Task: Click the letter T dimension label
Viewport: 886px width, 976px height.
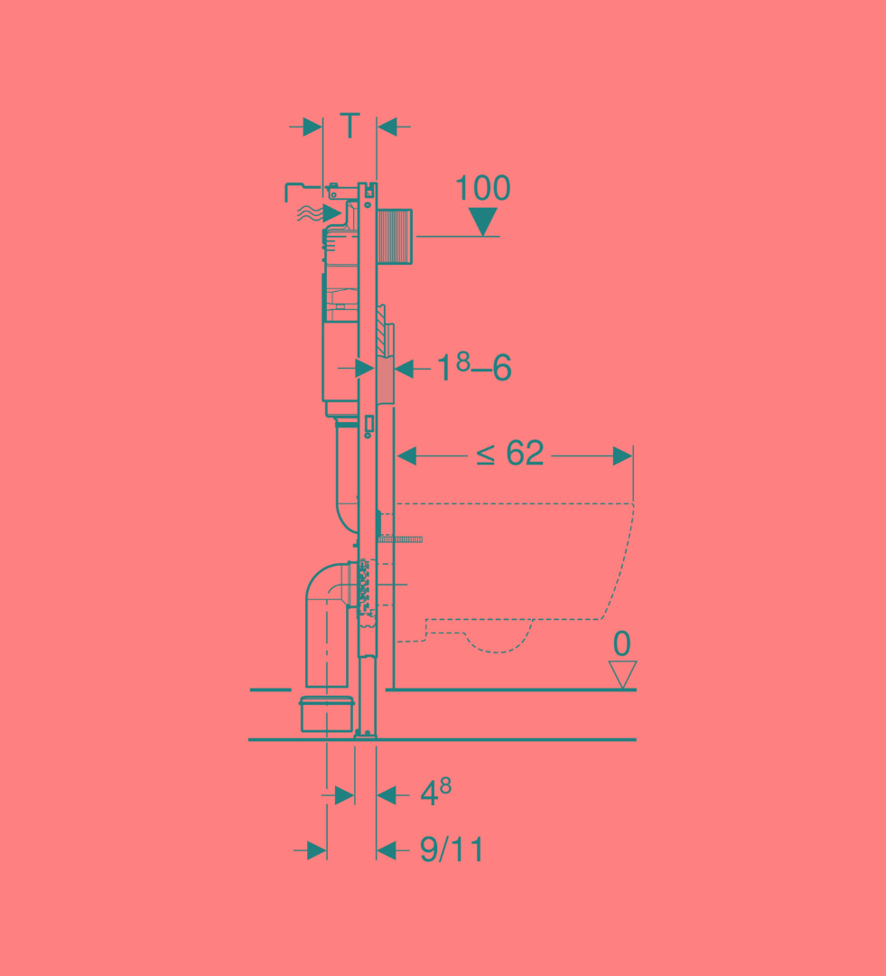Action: pos(350,126)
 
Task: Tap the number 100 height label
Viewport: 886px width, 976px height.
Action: pos(483,187)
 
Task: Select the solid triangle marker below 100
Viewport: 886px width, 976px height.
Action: pos(483,221)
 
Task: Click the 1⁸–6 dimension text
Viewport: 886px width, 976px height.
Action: pos(474,367)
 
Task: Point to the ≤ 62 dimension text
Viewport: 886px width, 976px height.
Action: pos(510,453)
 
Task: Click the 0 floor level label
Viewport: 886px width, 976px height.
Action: pos(621,643)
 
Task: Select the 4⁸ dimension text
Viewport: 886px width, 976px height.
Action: pos(435,793)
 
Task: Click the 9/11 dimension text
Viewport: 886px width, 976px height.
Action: pos(452,849)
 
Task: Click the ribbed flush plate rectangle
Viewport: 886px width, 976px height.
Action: pos(395,237)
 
